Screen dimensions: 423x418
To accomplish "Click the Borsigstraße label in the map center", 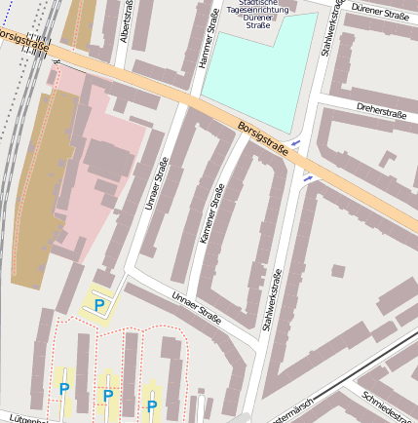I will coord(263,137).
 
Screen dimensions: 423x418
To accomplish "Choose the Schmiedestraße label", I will coord(388,407).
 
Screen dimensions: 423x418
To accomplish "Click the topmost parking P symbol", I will coord(99,306).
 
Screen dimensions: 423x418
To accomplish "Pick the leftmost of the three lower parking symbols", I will coord(64,390).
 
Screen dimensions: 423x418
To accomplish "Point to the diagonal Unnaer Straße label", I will coord(197,308).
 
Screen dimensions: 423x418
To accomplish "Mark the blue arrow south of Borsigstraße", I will coord(308,178).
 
